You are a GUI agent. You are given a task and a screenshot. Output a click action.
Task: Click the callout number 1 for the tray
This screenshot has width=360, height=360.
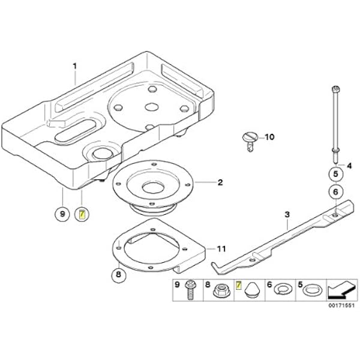click(74, 67)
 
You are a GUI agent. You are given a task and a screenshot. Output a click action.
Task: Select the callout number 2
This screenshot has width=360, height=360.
click(220, 182)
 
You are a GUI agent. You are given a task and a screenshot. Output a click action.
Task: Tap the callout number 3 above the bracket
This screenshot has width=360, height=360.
click(287, 215)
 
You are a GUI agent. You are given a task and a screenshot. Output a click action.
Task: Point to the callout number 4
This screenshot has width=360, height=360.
click(349, 166)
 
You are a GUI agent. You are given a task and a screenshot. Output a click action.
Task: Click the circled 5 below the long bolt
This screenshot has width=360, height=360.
click(335, 174)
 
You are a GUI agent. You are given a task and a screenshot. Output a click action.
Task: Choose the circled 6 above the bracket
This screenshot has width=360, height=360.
click(335, 191)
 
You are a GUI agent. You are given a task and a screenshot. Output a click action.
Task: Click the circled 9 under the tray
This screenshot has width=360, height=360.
click(62, 214)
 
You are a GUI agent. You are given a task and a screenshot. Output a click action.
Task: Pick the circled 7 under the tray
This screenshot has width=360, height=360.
click(82, 214)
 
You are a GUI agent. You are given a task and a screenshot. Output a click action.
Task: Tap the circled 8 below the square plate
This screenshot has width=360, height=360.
click(119, 274)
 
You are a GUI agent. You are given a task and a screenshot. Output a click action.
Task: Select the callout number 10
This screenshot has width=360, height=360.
click(269, 137)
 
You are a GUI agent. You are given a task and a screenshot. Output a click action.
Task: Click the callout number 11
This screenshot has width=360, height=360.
click(221, 248)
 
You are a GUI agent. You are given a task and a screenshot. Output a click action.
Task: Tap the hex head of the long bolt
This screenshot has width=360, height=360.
click(335, 88)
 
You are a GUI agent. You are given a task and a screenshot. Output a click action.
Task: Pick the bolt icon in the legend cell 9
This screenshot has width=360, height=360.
click(191, 290)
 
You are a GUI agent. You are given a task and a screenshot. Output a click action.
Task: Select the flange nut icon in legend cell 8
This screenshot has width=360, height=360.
click(219, 291)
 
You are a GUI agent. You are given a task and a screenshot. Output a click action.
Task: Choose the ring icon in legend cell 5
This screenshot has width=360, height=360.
click(313, 290)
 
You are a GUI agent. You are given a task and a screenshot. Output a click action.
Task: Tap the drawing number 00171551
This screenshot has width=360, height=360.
click(341, 305)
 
